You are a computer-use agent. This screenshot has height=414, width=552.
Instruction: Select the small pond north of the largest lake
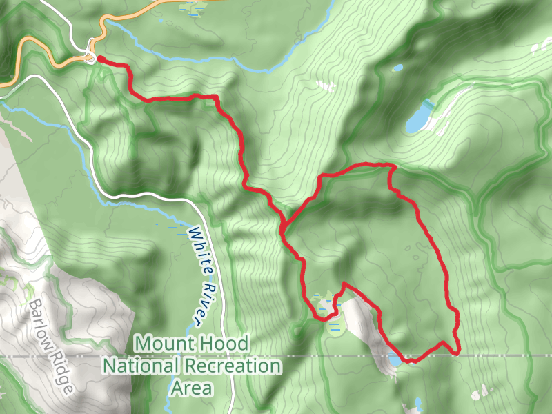point(398,68)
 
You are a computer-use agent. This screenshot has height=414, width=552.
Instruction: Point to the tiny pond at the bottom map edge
point(418,404)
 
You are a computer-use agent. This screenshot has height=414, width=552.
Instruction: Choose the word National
point(142,365)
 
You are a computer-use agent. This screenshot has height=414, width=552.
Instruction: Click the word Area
point(191,388)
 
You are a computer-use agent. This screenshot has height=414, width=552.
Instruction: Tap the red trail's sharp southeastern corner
point(457,353)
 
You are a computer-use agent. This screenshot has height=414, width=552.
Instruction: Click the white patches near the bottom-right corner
point(483,393)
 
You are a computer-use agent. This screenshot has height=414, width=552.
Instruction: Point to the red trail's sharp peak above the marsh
point(344,283)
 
